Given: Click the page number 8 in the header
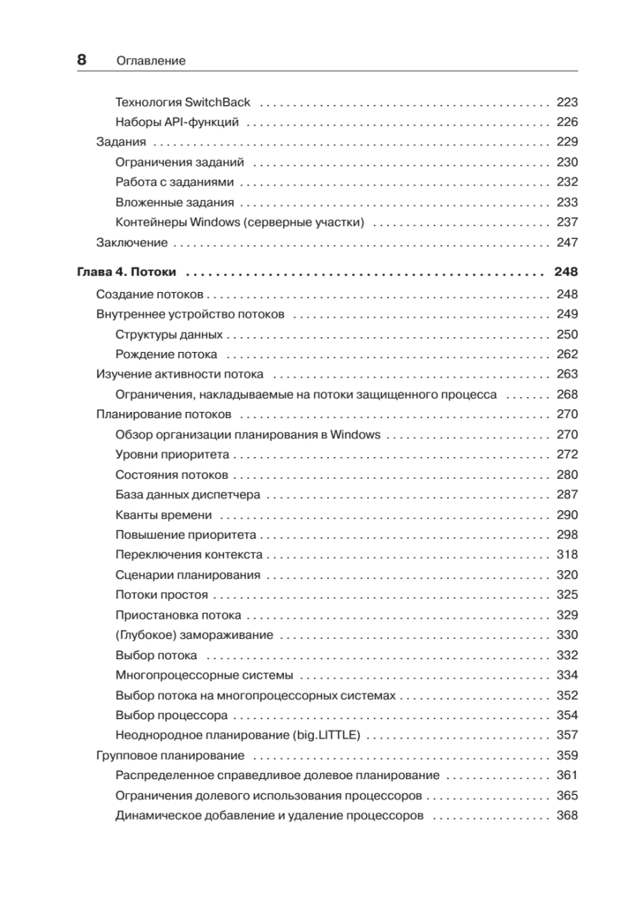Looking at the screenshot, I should pyautogui.click(x=83, y=60).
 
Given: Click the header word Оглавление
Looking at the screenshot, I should pyautogui.click(x=151, y=61).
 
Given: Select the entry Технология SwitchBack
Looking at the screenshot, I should pyautogui.click(x=183, y=102).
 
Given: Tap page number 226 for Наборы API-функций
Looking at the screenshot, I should pyautogui.click(x=567, y=122).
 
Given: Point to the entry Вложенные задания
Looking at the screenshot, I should pyautogui.click(x=175, y=202).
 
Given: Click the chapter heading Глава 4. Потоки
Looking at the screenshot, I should pyautogui.click(x=127, y=272).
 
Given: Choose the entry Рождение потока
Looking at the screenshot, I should pyautogui.click(x=166, y=354).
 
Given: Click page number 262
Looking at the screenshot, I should pyautogui.click(x=567, y=354).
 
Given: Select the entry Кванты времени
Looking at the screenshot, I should pyautogui.click(x=163, y=515).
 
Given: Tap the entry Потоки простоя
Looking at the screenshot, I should pyautogui.click(x=162, y=596).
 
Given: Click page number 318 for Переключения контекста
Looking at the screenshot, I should pyautogui.click(x=567, y=555).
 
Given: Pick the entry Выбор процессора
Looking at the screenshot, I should pyautogui.click(x=172, y=715).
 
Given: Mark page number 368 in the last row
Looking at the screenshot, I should pyautogui.click(x=567, y=816).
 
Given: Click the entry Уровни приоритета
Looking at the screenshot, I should pyautogui.click(x=172, y=455).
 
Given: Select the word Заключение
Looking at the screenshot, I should pyautogui.click(x=132, y=242).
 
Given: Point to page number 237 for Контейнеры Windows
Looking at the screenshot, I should pyautogui.click(x=567, y=223).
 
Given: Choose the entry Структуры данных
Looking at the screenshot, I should pyautogui.click(x=169, y=334).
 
